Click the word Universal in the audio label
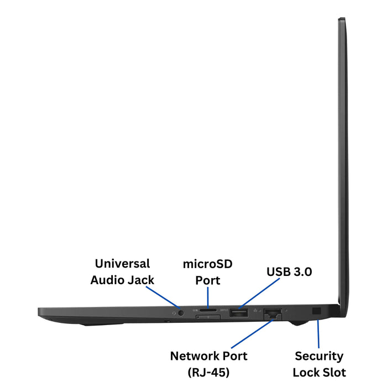(x=122, y=264)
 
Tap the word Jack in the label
(x=141, y=280)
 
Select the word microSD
(x=208, y=264)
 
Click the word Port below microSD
(x=208, y=280)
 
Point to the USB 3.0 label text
(x=289, y=271)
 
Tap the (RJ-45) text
(x=208, y=372)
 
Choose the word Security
(x=319, y=356)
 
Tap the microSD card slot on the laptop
(x=208, y=312)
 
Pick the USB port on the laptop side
(x=239, y=313)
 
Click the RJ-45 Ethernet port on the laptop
(x=273, y=313)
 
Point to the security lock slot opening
(x=317, y=312)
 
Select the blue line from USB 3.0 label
(x=261, y=294)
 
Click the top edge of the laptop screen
(x=342, y=19)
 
